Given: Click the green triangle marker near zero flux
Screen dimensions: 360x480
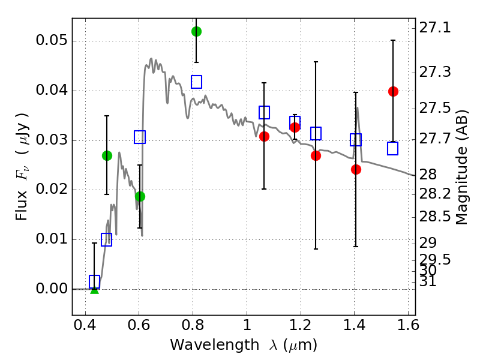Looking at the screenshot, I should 94,290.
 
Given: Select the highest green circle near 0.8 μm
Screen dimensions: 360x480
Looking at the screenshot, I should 196,31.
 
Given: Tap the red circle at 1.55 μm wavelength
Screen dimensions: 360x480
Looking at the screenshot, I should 393,91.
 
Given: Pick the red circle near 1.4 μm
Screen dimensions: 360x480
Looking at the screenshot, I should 356,169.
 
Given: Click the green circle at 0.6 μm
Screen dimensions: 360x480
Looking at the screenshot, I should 140,196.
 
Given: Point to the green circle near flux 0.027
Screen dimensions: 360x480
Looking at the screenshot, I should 107,155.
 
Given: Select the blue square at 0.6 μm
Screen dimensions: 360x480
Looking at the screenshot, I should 140,137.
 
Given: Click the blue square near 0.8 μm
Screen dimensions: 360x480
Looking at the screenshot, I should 196,82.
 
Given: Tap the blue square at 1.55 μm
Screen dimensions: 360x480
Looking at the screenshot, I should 393,149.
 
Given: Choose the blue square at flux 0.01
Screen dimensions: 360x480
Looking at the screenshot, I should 107,240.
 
